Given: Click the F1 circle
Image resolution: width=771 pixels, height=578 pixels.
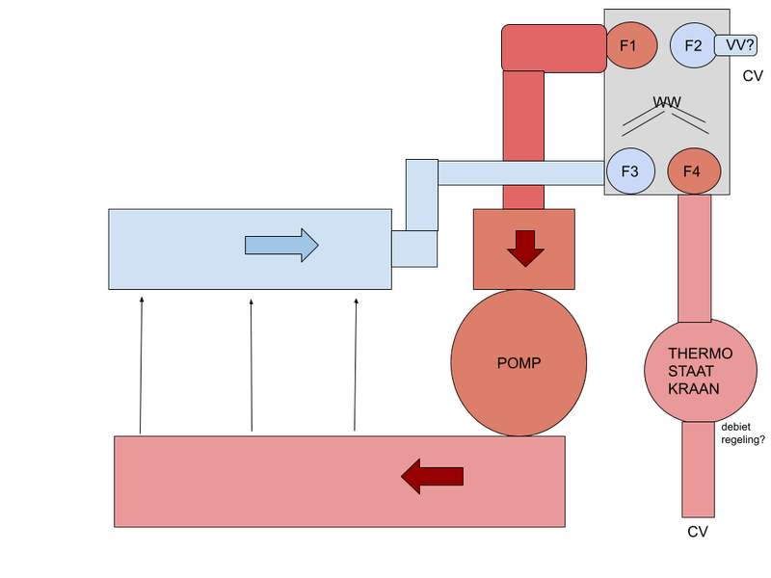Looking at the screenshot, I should tap(631, 45).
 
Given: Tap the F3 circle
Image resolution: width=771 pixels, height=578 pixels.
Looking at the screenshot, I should tap(631, 172).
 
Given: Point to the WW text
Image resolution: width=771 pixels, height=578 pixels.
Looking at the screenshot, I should tap(666, 102).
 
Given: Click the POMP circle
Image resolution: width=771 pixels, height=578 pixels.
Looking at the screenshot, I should tap(519, 363).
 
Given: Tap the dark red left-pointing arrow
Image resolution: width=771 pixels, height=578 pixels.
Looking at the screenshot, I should tap(433, 475).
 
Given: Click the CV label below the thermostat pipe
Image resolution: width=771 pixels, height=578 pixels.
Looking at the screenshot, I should tap(697, 532).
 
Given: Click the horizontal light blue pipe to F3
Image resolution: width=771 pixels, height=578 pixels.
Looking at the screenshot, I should tap(520, 172).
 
